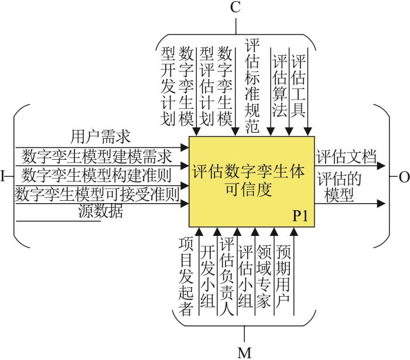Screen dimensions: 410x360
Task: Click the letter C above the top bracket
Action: point(235,7)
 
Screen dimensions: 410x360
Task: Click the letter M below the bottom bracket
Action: point(244,353)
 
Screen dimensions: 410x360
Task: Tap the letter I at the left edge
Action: point(3,176)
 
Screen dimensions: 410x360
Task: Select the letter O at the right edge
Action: point(404,177)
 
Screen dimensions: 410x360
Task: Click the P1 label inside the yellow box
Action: point(300,216)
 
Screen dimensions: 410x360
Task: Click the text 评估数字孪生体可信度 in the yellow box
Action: point(249,180)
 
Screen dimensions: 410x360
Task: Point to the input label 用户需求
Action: point(100,137)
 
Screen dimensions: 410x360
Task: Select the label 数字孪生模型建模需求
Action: point(97,156)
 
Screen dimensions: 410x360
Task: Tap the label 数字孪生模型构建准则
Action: point(97,175)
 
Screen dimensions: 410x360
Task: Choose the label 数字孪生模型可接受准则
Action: point(97,194)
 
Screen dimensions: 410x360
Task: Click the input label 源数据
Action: point(101,211)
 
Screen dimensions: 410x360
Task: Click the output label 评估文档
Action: point(346,156)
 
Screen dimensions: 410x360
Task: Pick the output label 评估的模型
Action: point(339,187)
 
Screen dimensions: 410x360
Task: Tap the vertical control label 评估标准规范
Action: point(252,85)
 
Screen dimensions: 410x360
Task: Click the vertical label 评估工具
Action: point(298,85)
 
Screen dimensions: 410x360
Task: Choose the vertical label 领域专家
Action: point(263,276)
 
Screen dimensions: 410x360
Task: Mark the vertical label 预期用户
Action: point(283,276)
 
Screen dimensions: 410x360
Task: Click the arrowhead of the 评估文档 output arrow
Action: point(381,166)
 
